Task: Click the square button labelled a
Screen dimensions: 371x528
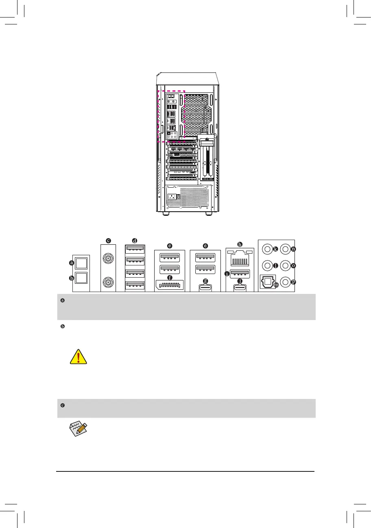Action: (x=81, y=263)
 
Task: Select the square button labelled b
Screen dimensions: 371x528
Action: (x=81, y=278)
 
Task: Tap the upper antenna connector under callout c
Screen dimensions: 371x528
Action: (x=108, y=257)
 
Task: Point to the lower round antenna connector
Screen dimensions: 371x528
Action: (x=108, y=281)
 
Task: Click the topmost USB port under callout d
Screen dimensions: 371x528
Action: (x=135, y=249)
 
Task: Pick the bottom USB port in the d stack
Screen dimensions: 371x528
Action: (x=135, y=285)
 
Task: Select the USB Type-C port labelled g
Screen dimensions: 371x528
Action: (x=205, y=287)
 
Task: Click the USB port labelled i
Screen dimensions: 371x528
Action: (x=240, y=274)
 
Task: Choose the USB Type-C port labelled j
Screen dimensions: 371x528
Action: (x=240, y=287)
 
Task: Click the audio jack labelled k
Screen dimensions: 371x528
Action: (x=267, y=249)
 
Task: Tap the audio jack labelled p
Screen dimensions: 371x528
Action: (x=286, y=281)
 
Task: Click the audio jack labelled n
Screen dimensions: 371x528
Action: (x=286, y=249)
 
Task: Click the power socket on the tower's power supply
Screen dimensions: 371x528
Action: (x=172, y=198)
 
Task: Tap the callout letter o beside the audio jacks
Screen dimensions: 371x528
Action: (x=293, y=266)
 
